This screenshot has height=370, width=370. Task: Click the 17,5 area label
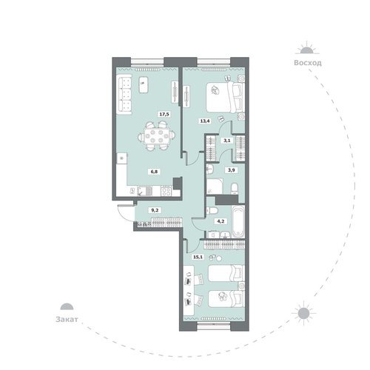click(x=164, y=114)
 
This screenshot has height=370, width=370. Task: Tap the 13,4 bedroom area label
click(x=205, y=121)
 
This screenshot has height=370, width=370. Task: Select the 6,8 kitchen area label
click(x=154, y=172)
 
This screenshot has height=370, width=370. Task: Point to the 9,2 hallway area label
click(x=155, y=210)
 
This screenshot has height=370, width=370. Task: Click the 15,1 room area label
click(x=198, y=257)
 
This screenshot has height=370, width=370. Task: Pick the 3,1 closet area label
click(x=226, y=141)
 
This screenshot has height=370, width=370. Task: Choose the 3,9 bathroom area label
click(x=231, y=170)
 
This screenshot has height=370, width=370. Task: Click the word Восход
click(x=308, y=63)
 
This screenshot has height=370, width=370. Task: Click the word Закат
click(x=67, y=320)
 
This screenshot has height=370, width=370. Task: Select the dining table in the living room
click(x=157, y=136)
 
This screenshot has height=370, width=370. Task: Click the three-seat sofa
click(x=125, y=94)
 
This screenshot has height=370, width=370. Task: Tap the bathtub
click(x=238, y=221)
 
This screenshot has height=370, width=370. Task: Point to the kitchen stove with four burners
click(x=166, y=191)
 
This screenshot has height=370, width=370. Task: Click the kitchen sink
click(x=144, y=191)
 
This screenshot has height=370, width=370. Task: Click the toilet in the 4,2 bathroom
click(x=212, y=210)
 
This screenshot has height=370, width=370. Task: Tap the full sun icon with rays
click(x=303, y=313)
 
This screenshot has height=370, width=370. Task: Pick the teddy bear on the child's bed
click(x=223, y=296)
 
